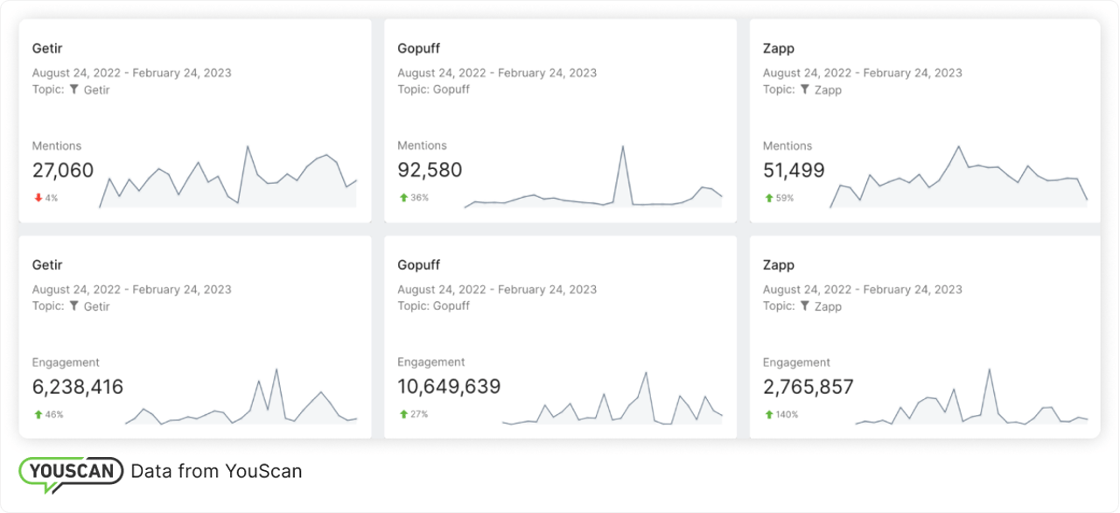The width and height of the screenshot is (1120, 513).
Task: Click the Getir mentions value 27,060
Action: pyautogui.click(x=63, y=171)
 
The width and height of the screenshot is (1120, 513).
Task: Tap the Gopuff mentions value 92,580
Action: pyautogui.click(x=430, y=171)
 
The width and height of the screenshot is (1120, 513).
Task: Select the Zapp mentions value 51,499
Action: pyautogui.click(x=794, y=171)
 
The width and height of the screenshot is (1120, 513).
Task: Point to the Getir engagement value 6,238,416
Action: pyautogui.click(x=78, y=387)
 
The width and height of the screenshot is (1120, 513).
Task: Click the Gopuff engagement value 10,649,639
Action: pyautogui.click(x=449, y=387)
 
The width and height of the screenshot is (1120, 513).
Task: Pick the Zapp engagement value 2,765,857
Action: pyautogui.click(x=808, y=387)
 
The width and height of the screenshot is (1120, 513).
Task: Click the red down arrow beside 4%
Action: pyautogui.click(x=38, y=198)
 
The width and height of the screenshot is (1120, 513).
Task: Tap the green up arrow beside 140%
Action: pyautogui.click(x=768, y=414)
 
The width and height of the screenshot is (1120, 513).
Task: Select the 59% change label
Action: pyautogui.click(x=784, y=198)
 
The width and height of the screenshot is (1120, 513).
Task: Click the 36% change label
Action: pyautogui.click(x=419, y=198)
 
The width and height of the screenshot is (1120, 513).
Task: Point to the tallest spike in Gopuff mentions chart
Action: pyautogui.click(x=623, y=147)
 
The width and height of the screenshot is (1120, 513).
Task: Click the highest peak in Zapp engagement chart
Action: pyautogui.click(x=990, y=370)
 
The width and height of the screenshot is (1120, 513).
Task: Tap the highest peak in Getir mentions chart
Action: pyautogui.click(x=248, y=147)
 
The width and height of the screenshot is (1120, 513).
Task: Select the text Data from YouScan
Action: pyautogui.click(x=216, y=471)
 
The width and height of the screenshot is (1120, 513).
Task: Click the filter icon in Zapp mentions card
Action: pyautogui.click(x=805, y=89)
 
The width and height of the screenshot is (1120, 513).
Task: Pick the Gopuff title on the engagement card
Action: pyautogui.click(x=418, y=264)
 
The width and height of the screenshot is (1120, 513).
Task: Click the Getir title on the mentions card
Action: pyautogui.click(x=47, y=48)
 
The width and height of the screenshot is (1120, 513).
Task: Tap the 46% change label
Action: pyautogui.click(x=54, y=414)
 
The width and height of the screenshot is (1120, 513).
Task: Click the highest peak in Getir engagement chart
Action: pyautogui.click(x=276, y=369)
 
